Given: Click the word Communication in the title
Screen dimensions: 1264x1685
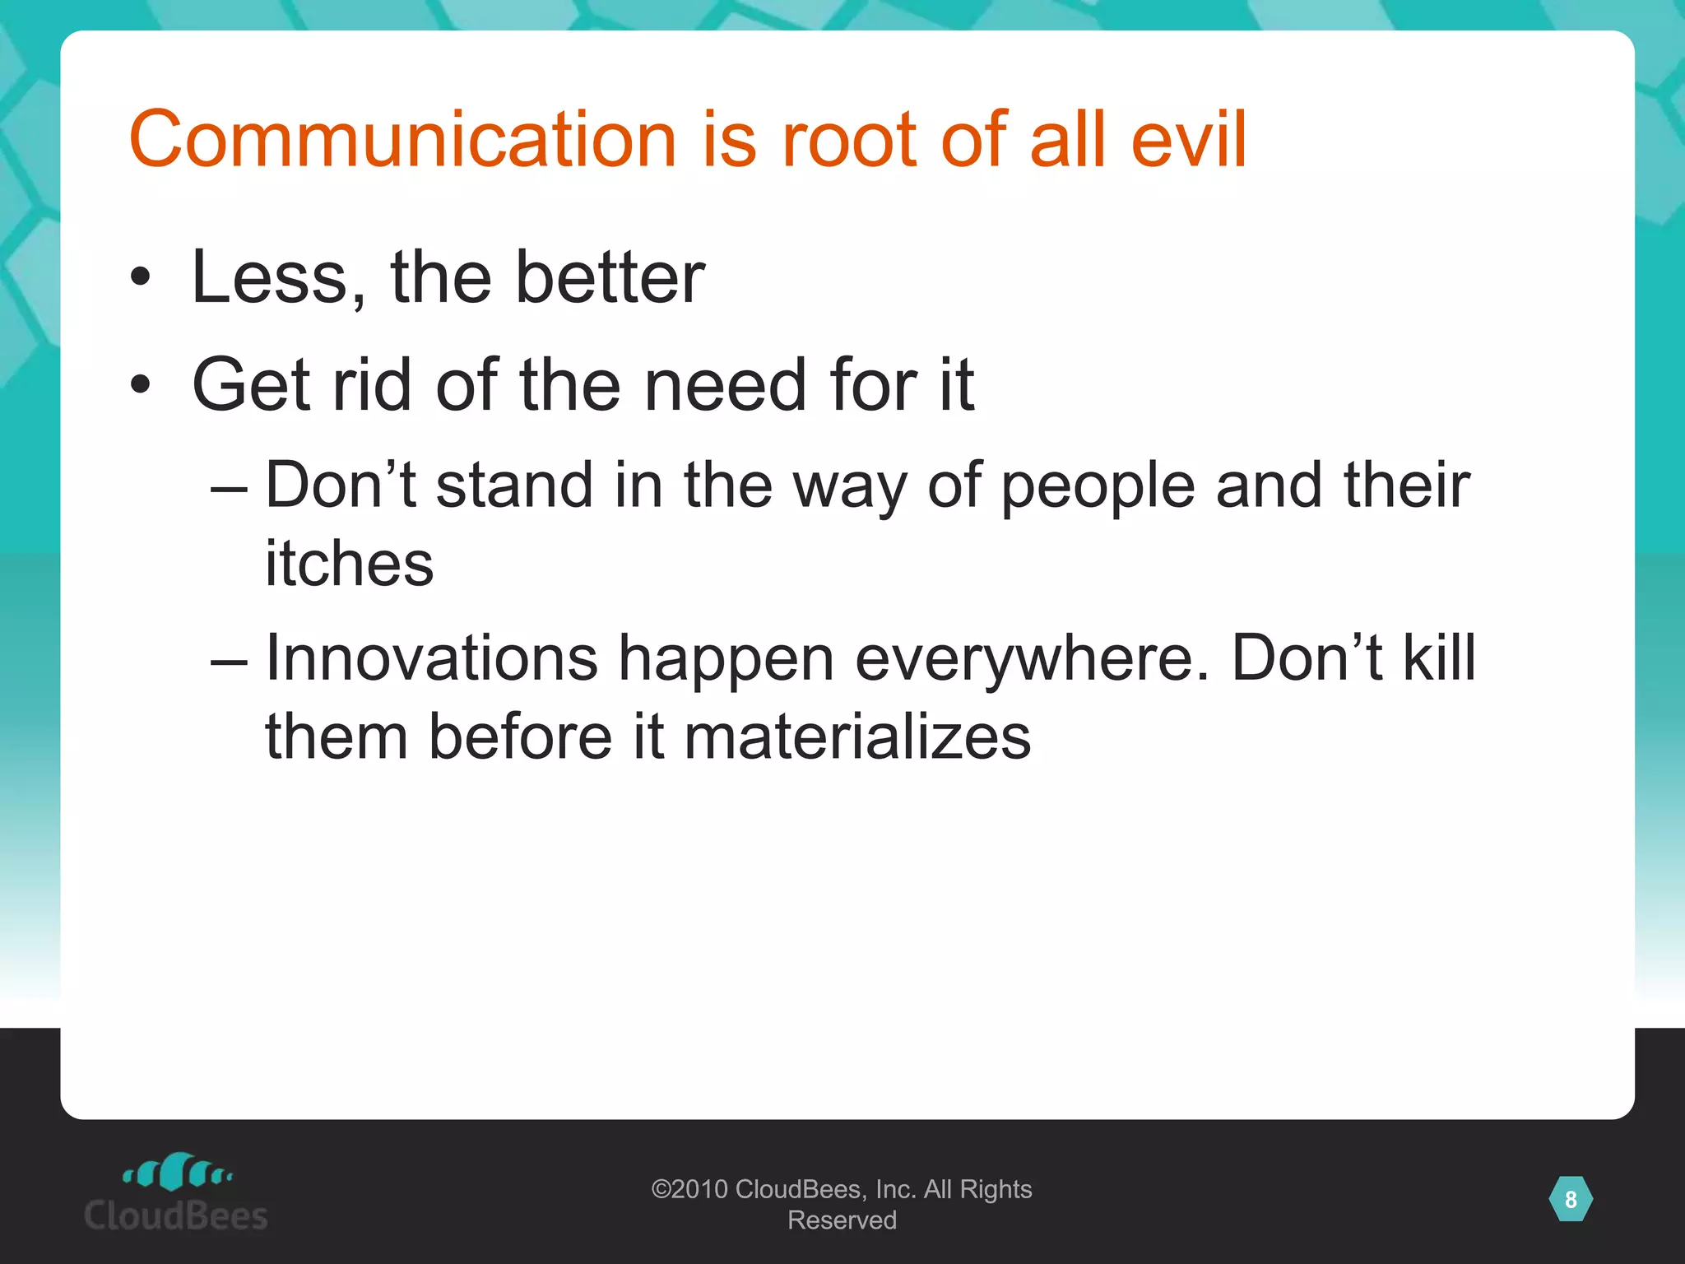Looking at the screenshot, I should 402,140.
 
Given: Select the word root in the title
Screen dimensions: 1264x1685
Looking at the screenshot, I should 848,140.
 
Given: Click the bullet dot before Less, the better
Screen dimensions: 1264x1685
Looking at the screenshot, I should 141,278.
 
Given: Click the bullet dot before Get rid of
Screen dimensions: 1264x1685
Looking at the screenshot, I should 141,384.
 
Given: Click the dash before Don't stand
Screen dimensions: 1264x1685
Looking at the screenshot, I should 229,487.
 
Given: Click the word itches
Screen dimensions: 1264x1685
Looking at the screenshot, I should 349,565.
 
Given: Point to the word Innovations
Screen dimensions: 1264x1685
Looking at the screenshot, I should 431,658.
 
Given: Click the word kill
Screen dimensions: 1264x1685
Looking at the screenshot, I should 1439,658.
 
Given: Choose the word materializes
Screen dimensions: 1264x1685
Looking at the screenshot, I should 856,737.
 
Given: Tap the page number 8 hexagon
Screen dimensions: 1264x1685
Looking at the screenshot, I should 1570,1199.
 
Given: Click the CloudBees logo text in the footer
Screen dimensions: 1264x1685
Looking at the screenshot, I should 176,1215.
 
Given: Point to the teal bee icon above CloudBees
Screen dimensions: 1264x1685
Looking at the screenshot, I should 177,1171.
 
